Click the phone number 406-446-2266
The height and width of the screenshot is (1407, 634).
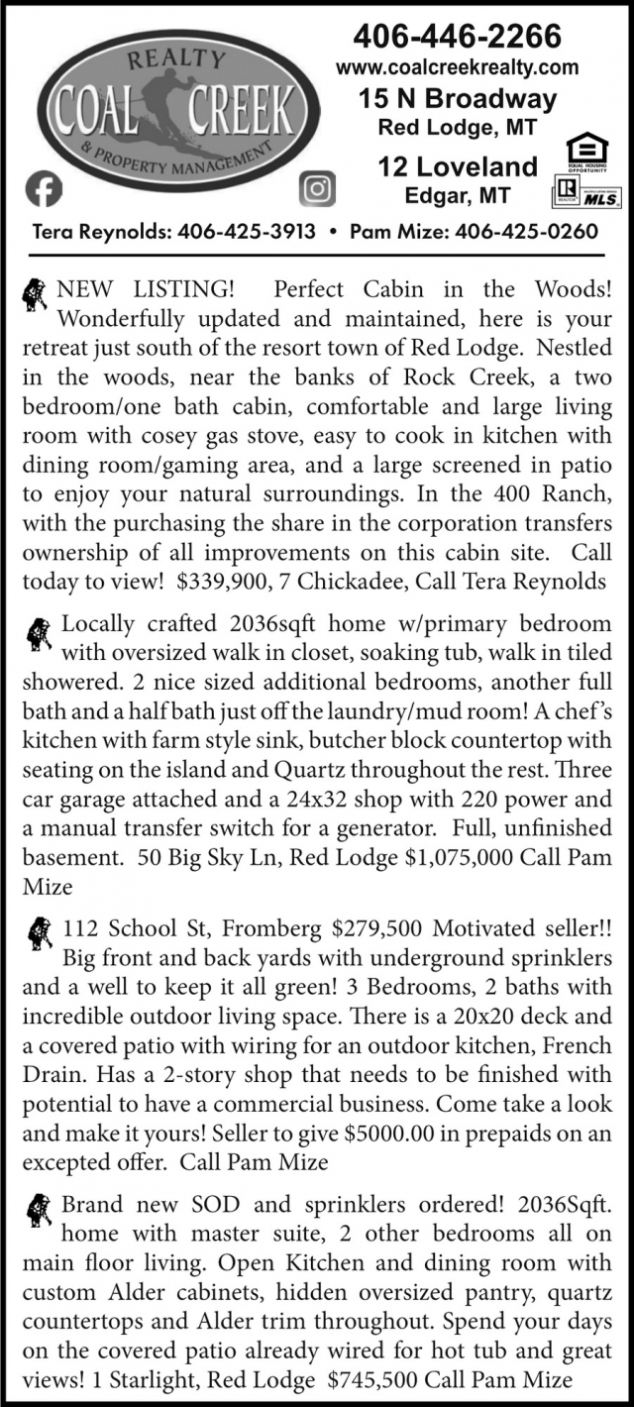click(x=458, y=37)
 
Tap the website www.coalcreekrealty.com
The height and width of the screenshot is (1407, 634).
click(x=458, y=67)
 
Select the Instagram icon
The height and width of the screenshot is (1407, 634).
click(x=316, y=188)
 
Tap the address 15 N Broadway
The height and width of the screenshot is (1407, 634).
click(x=458, y=99)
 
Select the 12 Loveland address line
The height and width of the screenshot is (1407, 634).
click(x=458, y=165)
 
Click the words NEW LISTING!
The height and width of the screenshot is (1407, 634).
click(x=147, y=290)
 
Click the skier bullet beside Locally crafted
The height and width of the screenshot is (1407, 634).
click(x=40, y=634)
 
